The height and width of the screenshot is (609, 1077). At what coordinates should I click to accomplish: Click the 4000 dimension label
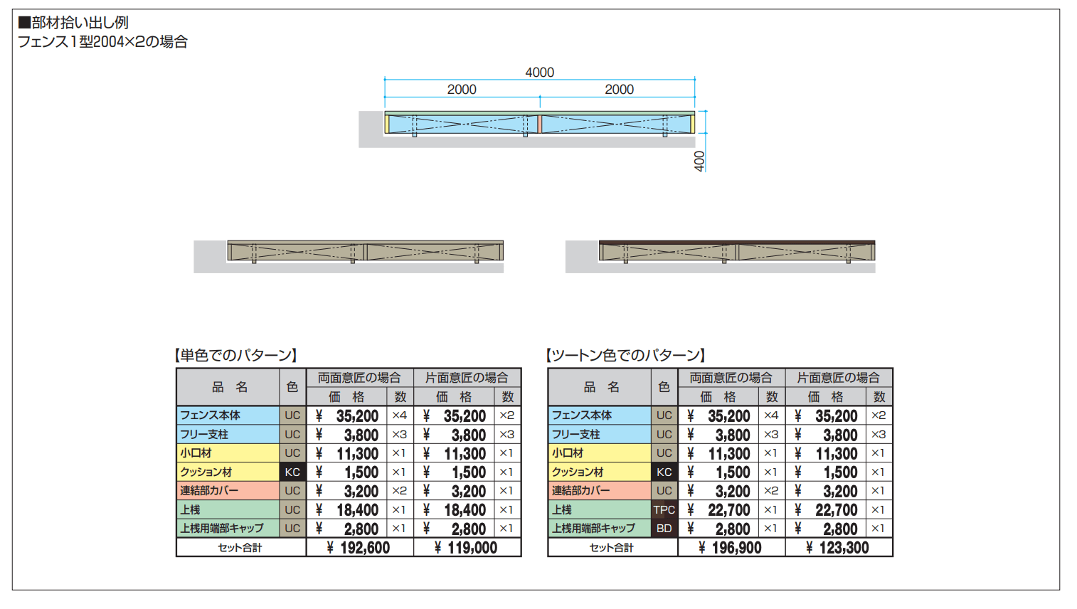click(x=539, y=72)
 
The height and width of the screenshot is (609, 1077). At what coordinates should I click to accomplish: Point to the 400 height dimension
click(x=699, y=161)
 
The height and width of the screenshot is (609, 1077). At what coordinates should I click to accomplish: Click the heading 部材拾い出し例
click(x=73, y=23)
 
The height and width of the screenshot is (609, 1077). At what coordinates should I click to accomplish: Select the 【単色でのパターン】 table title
click(x=235, y=356)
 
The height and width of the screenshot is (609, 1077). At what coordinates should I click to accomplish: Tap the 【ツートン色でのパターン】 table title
click(x=625, y=356)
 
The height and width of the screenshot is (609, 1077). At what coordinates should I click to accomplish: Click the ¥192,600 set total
click(x=359, y=547)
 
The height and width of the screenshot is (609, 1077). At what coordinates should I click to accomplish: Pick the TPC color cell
click(x=664, y=509)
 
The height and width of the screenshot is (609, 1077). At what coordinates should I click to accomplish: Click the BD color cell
click(x=664, y=528)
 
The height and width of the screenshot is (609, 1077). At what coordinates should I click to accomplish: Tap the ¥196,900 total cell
click(x=731, y=547)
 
